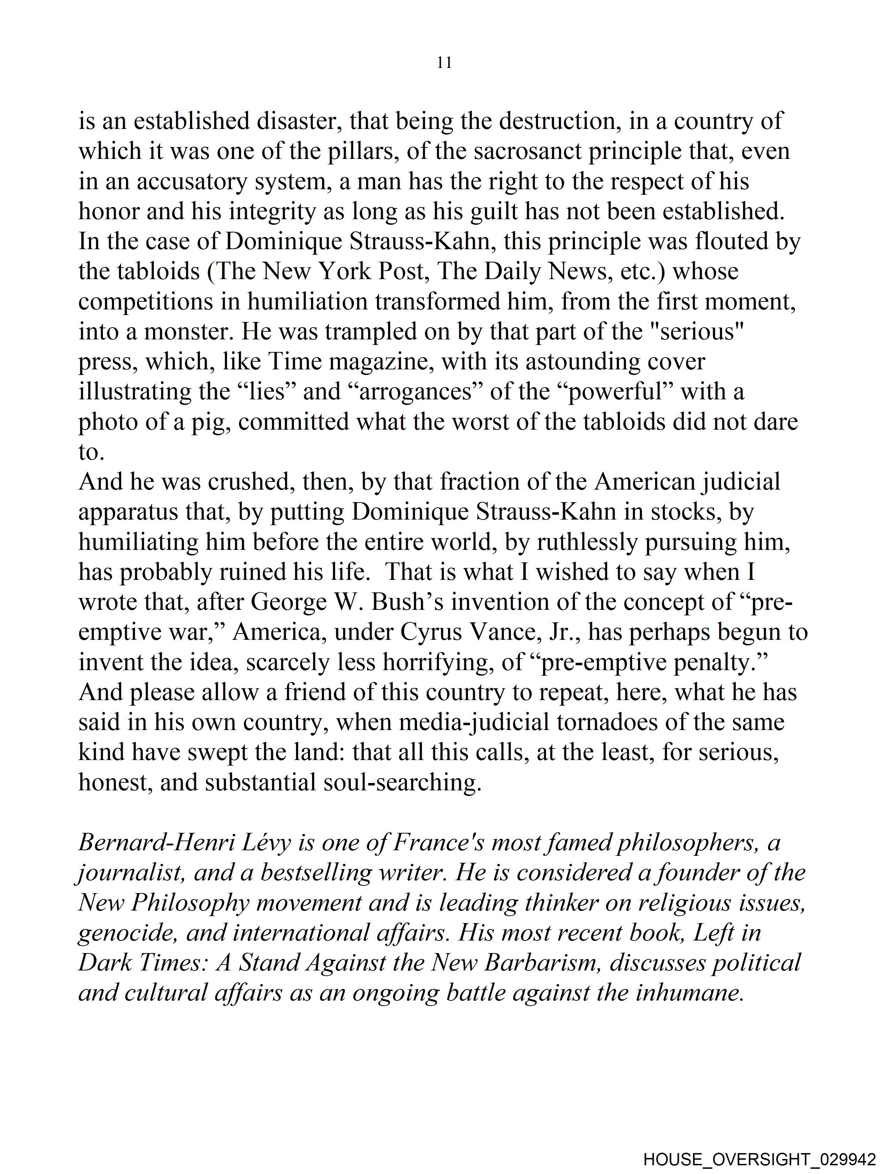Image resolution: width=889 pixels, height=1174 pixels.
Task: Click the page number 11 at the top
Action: tap(444, 63)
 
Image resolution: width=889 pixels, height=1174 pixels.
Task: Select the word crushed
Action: tap(251, 482)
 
